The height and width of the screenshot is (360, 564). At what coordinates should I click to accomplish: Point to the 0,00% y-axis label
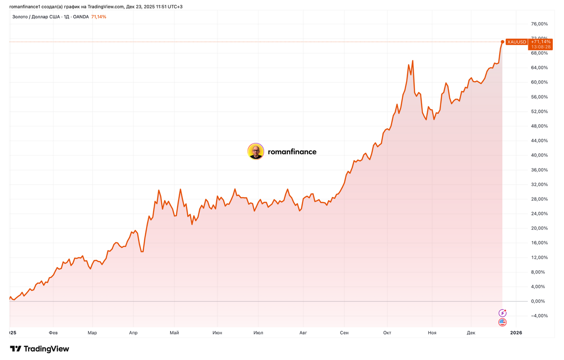[539, 301]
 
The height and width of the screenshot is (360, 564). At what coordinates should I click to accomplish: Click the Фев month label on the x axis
[53, 333]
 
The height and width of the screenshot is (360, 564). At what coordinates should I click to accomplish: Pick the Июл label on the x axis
[258, 333]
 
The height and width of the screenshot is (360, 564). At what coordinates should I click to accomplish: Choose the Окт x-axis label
[387, 333]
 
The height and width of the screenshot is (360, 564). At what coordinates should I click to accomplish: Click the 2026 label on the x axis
[516, 333]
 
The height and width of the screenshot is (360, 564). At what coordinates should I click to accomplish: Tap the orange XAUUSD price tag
[517, 42]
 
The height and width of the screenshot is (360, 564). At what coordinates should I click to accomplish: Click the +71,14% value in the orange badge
[540, 42]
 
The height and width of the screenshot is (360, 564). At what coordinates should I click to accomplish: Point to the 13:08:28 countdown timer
[540, 47]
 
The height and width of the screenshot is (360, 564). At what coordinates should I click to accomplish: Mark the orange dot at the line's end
[502, 42]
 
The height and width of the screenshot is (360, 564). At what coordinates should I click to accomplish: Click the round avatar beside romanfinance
[256, 151]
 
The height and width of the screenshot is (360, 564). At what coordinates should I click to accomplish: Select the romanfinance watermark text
[292, 152]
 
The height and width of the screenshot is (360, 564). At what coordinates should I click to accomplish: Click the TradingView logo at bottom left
[39, 349]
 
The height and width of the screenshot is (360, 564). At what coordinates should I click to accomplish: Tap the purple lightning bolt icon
[502, 313]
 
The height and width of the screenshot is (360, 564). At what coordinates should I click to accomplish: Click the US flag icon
[502, 322]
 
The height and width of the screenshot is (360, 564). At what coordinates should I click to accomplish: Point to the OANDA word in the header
[80, 17]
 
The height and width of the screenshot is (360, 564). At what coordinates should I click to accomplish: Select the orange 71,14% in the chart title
[99, 17]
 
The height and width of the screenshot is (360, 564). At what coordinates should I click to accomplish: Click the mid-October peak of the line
[413, 61]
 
